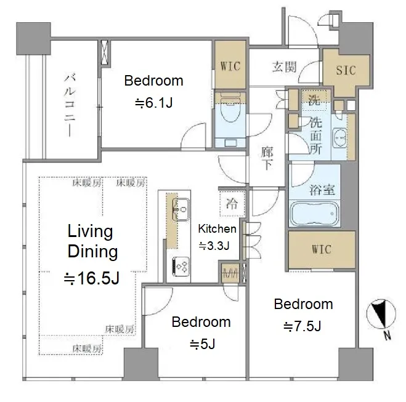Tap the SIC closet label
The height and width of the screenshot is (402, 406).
tap(346, 70)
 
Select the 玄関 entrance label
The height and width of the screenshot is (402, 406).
tap(284, 66)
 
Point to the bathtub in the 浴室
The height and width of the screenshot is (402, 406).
tap(314, 214)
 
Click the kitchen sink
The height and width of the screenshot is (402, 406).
tap(181, 209)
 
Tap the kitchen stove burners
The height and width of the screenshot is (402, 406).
tap(181, 267)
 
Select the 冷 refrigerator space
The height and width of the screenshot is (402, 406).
tap(232, 204)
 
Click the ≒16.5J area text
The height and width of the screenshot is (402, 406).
tap(92, 278)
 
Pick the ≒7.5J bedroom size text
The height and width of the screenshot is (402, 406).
tap(302, 326)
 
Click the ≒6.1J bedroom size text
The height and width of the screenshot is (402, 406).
tap(153, 103)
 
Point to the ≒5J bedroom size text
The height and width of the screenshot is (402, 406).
tap(202, 344)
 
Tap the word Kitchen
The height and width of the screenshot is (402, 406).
tap(217, 228)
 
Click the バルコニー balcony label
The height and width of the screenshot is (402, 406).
tap(70, 105)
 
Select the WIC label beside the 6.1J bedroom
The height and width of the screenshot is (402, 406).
tap(230, 66)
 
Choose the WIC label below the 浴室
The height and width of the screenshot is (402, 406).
tap(322, 249)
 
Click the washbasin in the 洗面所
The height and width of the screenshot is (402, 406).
tap(339, 138)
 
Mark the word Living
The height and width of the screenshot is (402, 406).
tap(90, 231)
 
